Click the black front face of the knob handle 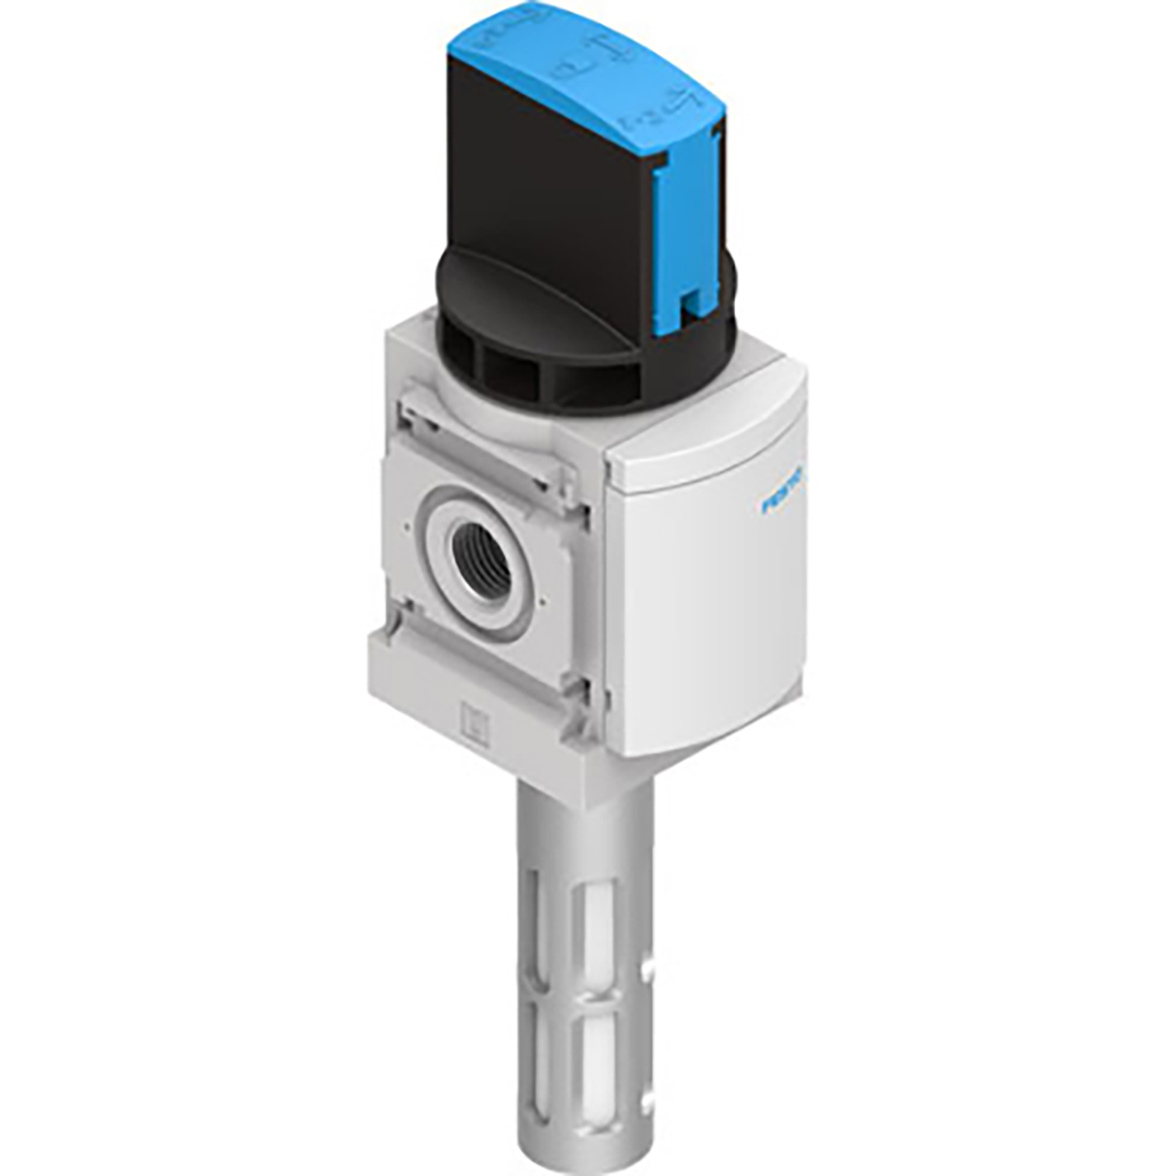click(x=545, y=182)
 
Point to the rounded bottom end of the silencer click(x=586, y=1143)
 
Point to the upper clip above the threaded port click(x=487, y=462)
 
